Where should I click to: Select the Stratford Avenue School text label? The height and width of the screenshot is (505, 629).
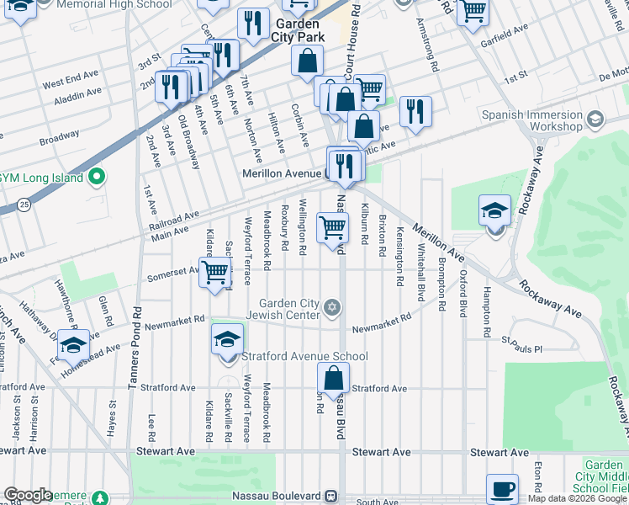tap(304, 356)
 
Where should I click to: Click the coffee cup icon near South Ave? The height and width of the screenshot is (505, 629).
tap(503, 488)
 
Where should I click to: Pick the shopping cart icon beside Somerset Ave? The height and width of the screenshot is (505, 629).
tap(215, 271)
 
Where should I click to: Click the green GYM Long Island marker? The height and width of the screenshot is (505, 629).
tap(98, 178)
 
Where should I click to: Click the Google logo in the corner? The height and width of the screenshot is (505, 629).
tap(28, 495)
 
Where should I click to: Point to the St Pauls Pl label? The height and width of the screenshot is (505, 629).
tap(522, 346)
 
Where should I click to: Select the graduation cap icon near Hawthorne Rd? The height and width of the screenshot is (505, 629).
tap(74, 346)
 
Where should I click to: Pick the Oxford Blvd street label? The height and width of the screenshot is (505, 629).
tap(462, 293)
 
